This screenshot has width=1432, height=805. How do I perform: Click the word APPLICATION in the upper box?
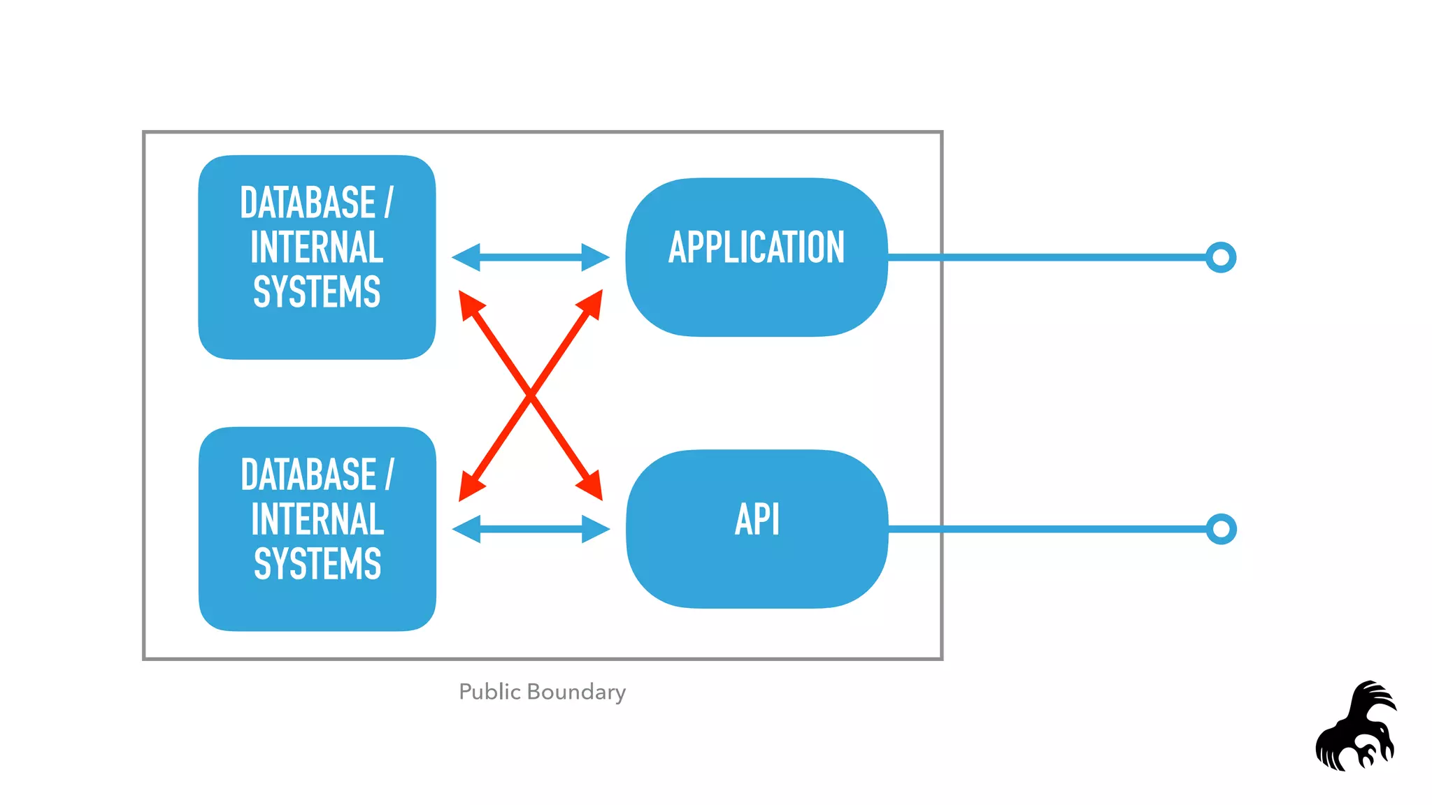tap(757, 247)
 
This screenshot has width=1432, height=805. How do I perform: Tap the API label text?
tap(757, 519)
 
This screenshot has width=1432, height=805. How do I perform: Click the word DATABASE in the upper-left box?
tap(308, 203)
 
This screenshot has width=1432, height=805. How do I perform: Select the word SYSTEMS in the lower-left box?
tap(317, 564)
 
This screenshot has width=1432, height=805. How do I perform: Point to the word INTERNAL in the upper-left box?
tap(317, 247)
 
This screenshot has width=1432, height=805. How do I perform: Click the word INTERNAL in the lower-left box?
tap(317, 519)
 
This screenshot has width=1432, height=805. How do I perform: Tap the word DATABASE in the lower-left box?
tap(308, 474)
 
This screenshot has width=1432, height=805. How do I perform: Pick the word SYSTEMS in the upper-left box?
tap(317, 292)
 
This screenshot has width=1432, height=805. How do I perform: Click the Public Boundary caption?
tap(542, 692)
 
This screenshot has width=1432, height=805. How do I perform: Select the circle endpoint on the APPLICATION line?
tap(1221, 257)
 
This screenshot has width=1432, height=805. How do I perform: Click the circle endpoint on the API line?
tap(1221, 529)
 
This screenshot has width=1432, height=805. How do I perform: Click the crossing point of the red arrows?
tap(531, 396)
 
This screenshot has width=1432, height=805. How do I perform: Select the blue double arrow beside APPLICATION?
tap(531, 257)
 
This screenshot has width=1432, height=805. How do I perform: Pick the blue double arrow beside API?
tap(531, 529)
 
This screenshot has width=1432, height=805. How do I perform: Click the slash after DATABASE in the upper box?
tap(389, 203)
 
